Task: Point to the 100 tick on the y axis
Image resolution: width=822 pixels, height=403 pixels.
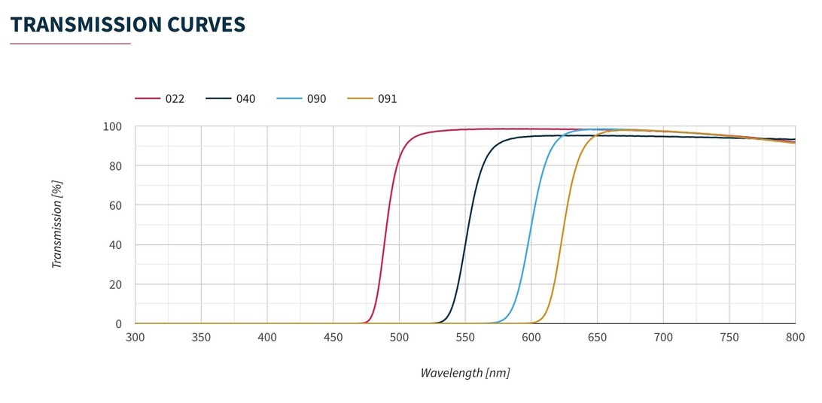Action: (x=113, y=126)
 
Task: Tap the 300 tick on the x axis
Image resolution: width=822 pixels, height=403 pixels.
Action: (x=135, y=337)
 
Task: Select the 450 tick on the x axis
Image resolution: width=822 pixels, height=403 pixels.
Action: (x=333, y=337)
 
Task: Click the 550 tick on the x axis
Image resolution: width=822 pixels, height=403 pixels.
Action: (x=465, y=337)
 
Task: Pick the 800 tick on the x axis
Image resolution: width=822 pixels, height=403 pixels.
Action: (x=795, y=337)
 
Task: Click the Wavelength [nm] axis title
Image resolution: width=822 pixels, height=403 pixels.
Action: (x=465, y=372)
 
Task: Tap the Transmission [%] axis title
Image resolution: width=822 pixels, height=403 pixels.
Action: (x=56, y=225)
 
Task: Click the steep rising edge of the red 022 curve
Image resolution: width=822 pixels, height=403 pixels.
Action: (x=385, y=226)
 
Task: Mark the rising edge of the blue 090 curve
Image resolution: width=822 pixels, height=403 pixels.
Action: (x=530, y=226)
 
